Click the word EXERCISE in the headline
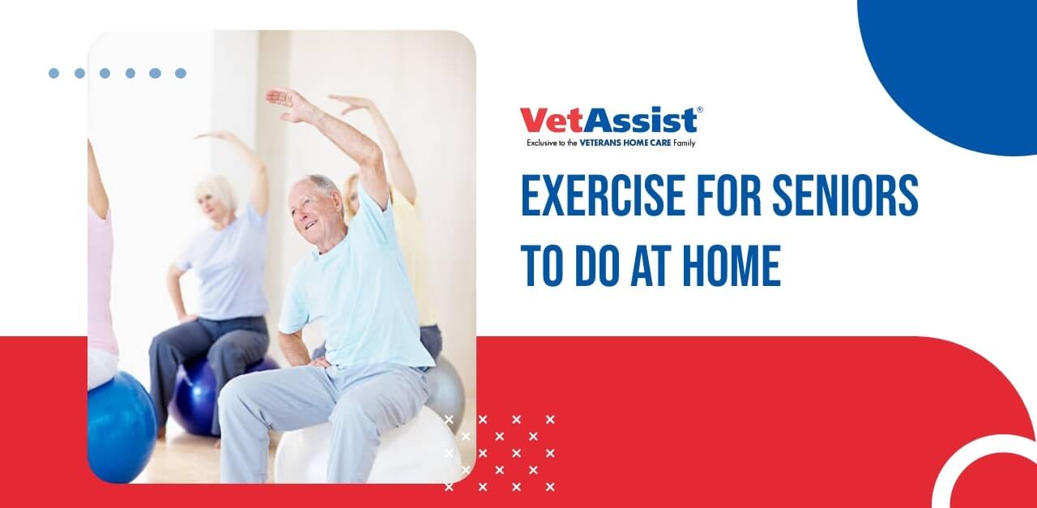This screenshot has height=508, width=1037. (602, 195)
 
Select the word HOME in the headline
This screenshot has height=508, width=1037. (732, 266)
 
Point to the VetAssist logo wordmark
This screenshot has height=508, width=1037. (608, 121)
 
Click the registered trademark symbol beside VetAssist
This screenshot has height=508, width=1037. (699, 109)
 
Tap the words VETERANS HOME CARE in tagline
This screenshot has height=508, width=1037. (625, 143)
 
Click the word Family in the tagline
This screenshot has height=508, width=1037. (685, 143)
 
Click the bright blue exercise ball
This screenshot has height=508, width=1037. (122, 426)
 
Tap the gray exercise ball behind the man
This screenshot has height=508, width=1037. (446, 389)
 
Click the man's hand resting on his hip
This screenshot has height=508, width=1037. (319, 361)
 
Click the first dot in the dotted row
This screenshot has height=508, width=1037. (53, 73)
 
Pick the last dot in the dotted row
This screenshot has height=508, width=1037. (181, 73)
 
